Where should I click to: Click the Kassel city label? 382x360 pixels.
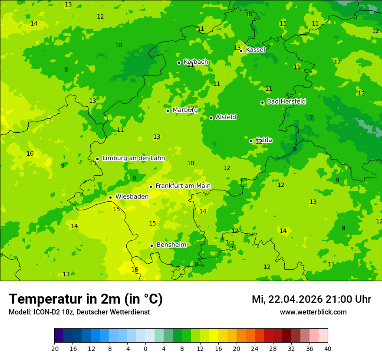click(255, 50)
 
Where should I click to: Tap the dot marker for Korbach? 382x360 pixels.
click(179, 62)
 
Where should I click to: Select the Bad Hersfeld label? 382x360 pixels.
click(286, 101)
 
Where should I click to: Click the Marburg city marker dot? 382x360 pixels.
click(168, 111)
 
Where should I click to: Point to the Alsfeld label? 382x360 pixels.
click(226, 117)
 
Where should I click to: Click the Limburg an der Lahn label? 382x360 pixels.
click(133, 158)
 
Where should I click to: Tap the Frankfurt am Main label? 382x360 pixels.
click(183, 186)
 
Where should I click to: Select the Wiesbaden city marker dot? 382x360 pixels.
click(110, 197)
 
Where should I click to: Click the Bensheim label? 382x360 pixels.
click(171, 245)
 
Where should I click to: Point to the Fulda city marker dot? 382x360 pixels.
click(251, 141)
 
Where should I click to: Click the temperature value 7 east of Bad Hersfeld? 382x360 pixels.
click(311, 118)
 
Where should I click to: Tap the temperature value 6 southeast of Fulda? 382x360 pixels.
click(295, 149)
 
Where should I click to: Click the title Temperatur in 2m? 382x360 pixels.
click(86, 299)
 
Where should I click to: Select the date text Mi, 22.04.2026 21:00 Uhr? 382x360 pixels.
click(311, 299)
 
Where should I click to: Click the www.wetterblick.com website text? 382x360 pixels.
click(313, 312)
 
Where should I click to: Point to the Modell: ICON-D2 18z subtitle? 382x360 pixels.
click(79, 312)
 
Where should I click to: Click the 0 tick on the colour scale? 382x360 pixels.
click(145, 349)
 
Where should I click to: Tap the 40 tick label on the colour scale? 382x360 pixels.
click(327, 349)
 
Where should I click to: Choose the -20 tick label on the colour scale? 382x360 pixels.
click(54, 349)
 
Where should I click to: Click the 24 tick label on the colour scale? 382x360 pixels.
click(254, 349)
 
